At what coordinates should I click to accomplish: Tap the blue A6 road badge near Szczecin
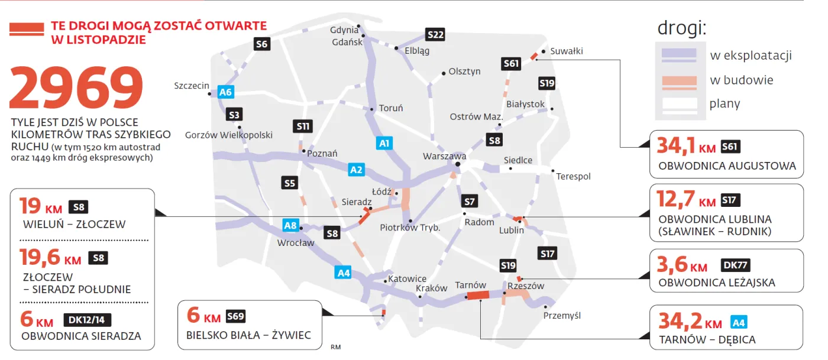[226, 92]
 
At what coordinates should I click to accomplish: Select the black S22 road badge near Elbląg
[435, 35]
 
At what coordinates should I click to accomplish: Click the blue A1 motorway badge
[384, 143]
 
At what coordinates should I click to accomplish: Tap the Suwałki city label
[566, 51]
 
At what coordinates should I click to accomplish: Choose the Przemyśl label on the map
[562, 316]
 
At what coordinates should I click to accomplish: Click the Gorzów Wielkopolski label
[229, 135]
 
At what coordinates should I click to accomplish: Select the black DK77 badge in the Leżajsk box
[736, 265]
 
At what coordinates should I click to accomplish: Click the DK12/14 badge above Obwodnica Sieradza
[87, 320]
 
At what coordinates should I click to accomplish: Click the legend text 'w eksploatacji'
[751, 56]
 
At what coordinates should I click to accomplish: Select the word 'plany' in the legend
[724, 105]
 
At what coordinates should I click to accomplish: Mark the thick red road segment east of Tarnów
[477, 296]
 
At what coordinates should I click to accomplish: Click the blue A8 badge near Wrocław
[290, 225]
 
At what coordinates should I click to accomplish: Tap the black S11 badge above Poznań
[302, 126]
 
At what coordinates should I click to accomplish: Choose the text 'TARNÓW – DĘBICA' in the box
[707, 340]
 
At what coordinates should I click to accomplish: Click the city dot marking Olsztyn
[444, 74]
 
